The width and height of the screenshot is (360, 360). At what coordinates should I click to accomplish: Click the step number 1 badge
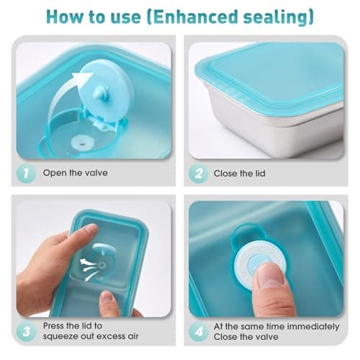(26, 174)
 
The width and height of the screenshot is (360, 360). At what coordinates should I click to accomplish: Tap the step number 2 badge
(198, 174)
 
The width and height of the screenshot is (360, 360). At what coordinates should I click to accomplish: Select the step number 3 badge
(26, 332)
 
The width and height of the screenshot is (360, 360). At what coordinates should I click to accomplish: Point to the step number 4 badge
(198, 332)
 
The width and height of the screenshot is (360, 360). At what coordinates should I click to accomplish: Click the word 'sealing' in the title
(276, 17)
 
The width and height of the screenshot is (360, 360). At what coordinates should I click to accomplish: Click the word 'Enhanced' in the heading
(195, 17)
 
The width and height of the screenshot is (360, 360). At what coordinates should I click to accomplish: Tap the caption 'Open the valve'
(75, 173)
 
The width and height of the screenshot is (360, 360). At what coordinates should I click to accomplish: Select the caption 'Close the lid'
(239, 174)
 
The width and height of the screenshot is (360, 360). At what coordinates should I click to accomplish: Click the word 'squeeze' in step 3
(60, 336)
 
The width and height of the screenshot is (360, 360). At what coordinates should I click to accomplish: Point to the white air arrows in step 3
(90, 269)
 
